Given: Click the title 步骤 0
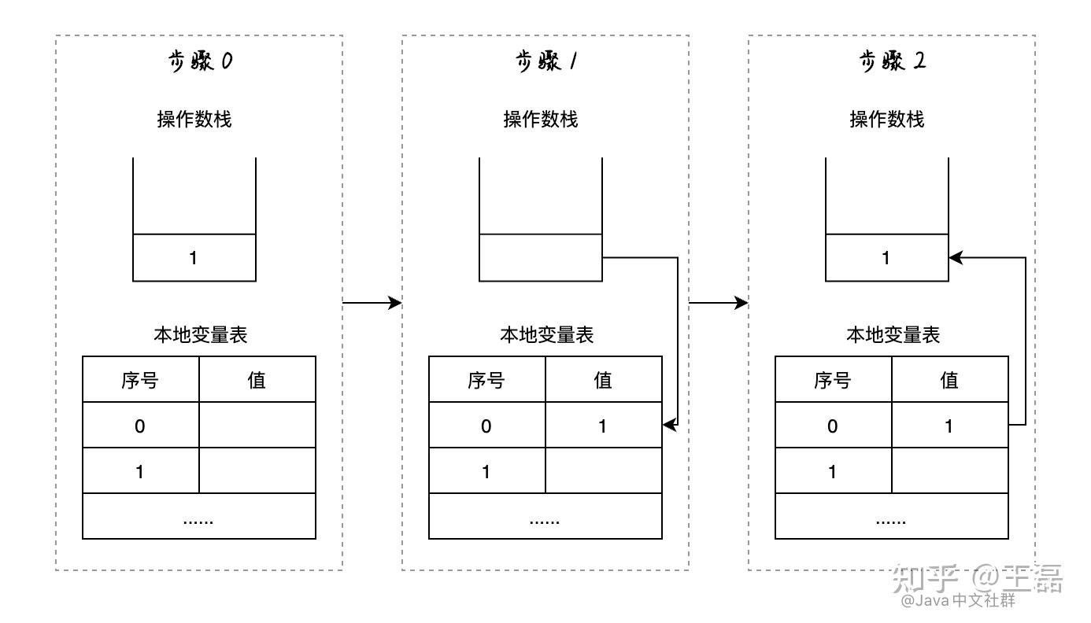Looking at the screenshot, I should (x=200, y=62).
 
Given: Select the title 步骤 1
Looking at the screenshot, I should (x=545, y=62).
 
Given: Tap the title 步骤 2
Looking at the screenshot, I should (x=892, y=62).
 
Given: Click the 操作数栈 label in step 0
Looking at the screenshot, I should (x=194, y=120).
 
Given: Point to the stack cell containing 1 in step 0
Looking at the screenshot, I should (x=194, y=258).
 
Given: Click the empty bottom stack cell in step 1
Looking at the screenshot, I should (x=541, y=258).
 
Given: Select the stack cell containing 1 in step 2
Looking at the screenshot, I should (x=886, y=258).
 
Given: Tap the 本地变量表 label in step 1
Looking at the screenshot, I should (x=546, y=335).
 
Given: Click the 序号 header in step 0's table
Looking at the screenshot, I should (x=141, y=380).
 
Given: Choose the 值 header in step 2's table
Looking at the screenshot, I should (x=949, y=380).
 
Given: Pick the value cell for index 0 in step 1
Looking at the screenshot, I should (x=603, y=426).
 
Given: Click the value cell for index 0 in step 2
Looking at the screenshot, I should (x=949, y=426).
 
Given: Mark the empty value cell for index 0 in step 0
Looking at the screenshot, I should (x=257, y=426).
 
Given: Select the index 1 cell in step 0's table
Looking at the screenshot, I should (x=141, y=472).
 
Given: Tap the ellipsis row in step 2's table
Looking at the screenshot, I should (x=891, y=517).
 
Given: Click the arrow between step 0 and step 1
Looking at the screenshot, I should (x=372, y=303).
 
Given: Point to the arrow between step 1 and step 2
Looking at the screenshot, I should (x=718, y=303).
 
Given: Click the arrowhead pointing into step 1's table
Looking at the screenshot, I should (x=670, y=425).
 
